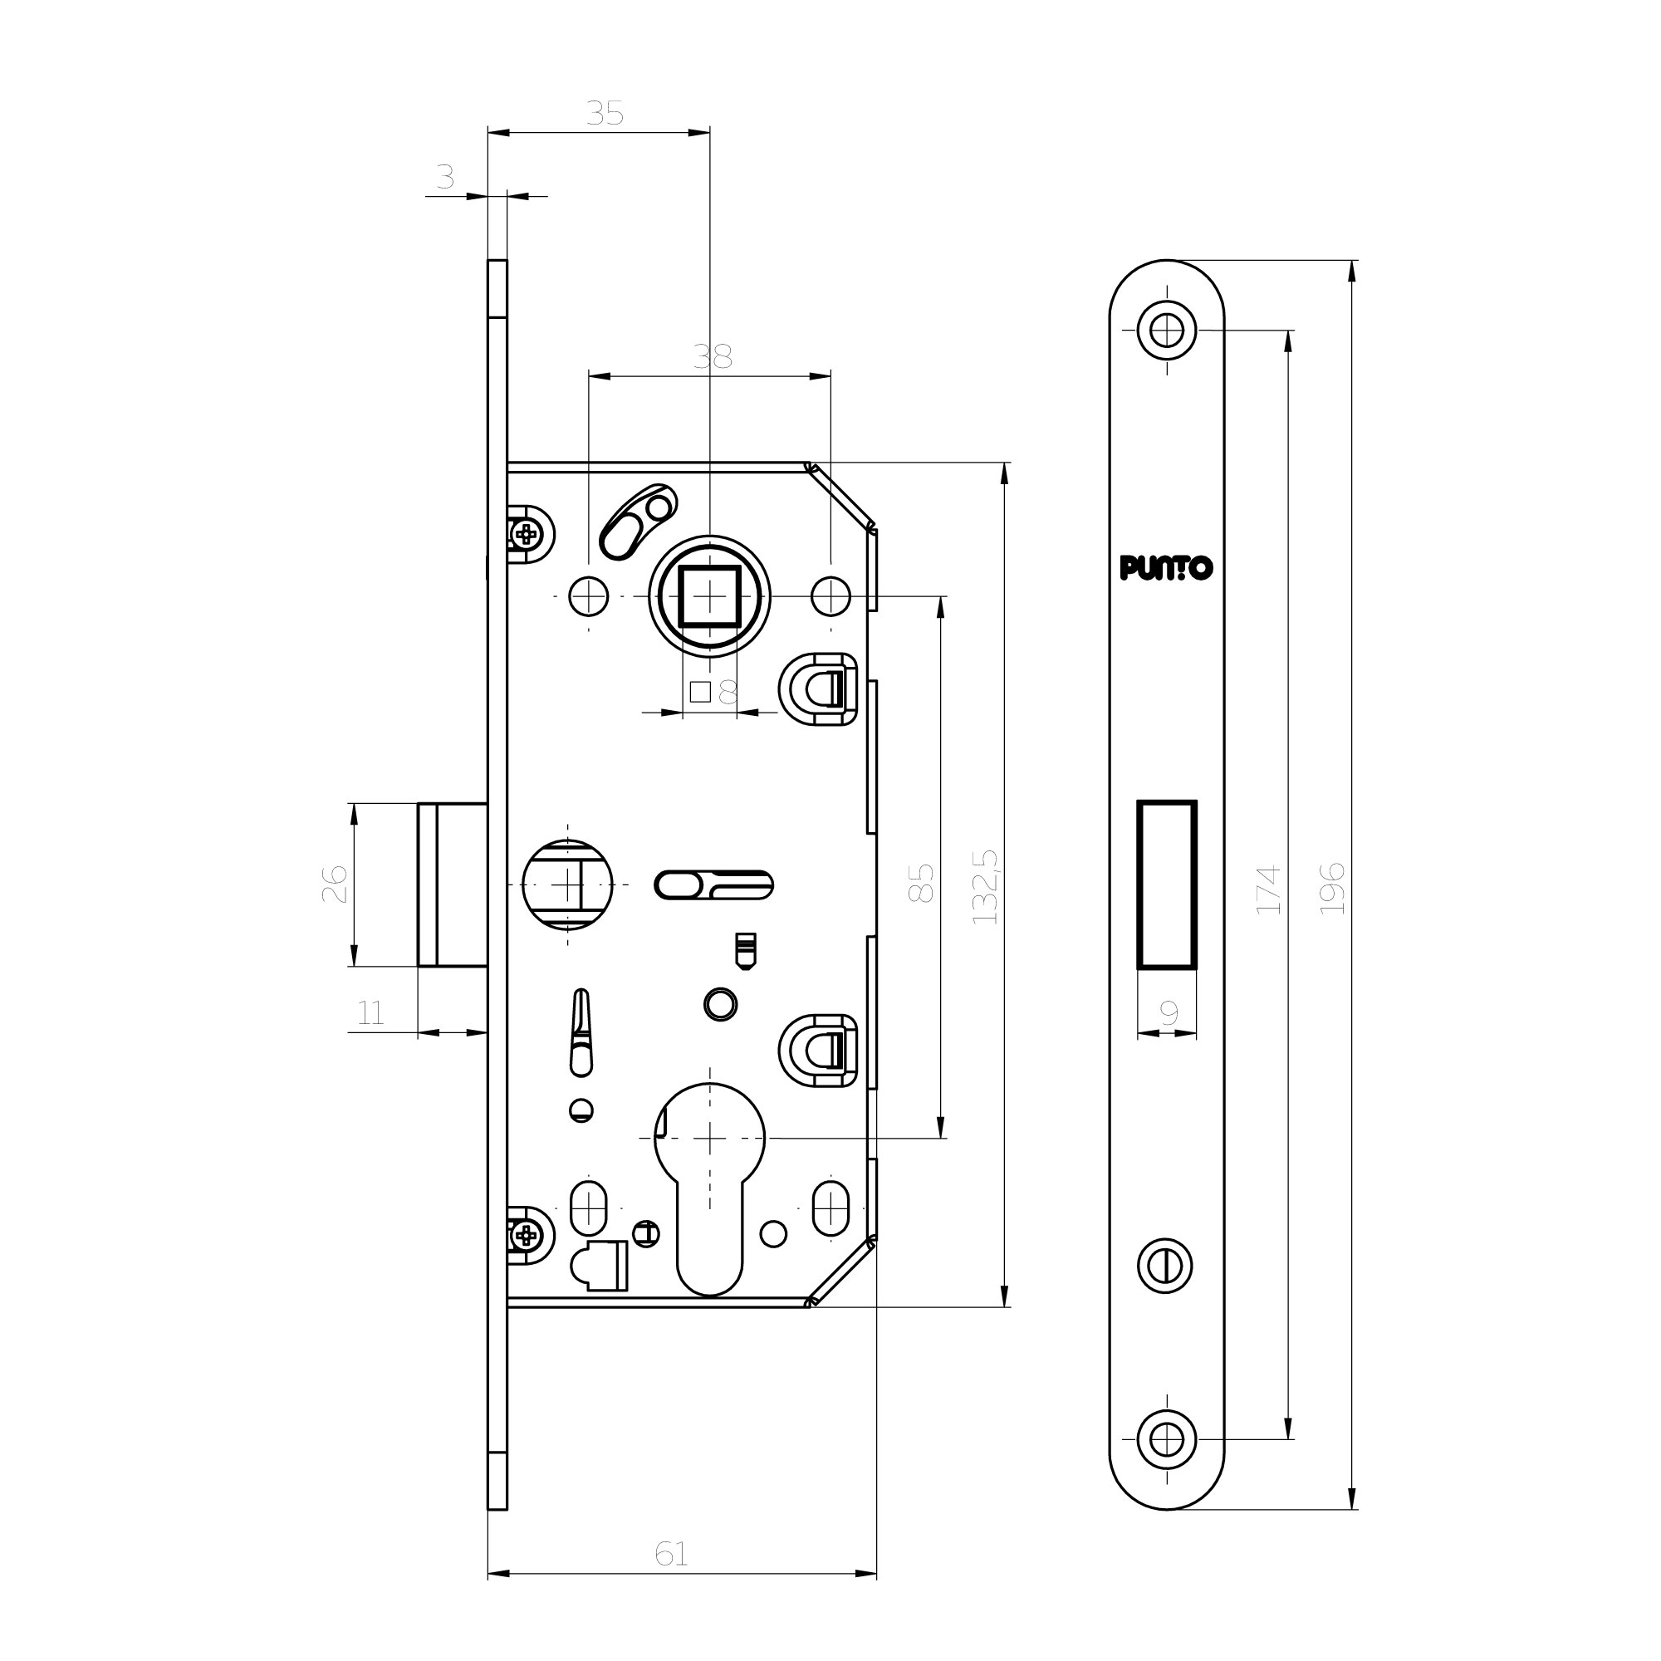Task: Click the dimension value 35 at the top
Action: tap(605, 113)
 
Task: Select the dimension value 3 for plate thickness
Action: tap(444, 177)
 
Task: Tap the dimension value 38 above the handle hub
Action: tap(713, 356)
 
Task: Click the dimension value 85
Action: tap(921, 882)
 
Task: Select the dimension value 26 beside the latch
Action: tap(335, 883)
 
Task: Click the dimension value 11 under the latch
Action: tap(370, 1012)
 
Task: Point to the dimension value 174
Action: tap(1269, 889)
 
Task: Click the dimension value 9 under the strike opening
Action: tap(1169, 1013)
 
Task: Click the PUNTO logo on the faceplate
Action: tap(1166, 567)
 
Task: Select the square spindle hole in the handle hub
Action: tap(709, 596)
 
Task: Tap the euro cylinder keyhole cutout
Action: tap(709, 1187)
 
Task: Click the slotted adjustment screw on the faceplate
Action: tap(1166, 1266)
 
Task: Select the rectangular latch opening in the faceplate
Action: tap(1167, 884)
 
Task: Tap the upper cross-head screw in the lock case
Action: tap(527, 535)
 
